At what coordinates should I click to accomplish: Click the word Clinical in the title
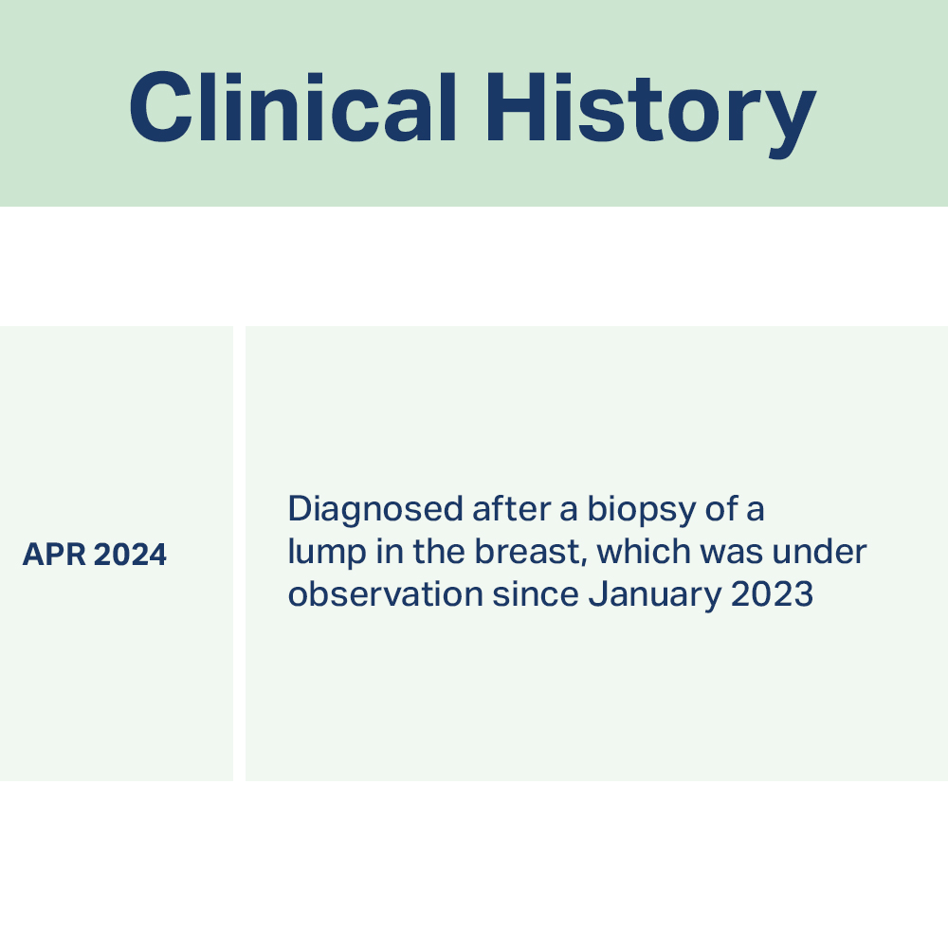(293, 107)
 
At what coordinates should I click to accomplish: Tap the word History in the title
(650, 115)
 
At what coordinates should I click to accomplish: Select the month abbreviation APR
(54, 555)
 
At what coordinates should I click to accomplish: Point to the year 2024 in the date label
(131, 555)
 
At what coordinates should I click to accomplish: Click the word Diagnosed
(375, 510)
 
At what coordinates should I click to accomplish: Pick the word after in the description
(512, 509)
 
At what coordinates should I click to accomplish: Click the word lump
(327, 553)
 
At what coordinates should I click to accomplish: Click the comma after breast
(585, 563)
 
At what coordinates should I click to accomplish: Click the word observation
(386, 593)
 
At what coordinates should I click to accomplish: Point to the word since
(536, 593)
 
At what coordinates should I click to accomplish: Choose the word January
(655, 595)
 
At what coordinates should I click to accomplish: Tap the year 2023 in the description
(772, 594)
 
